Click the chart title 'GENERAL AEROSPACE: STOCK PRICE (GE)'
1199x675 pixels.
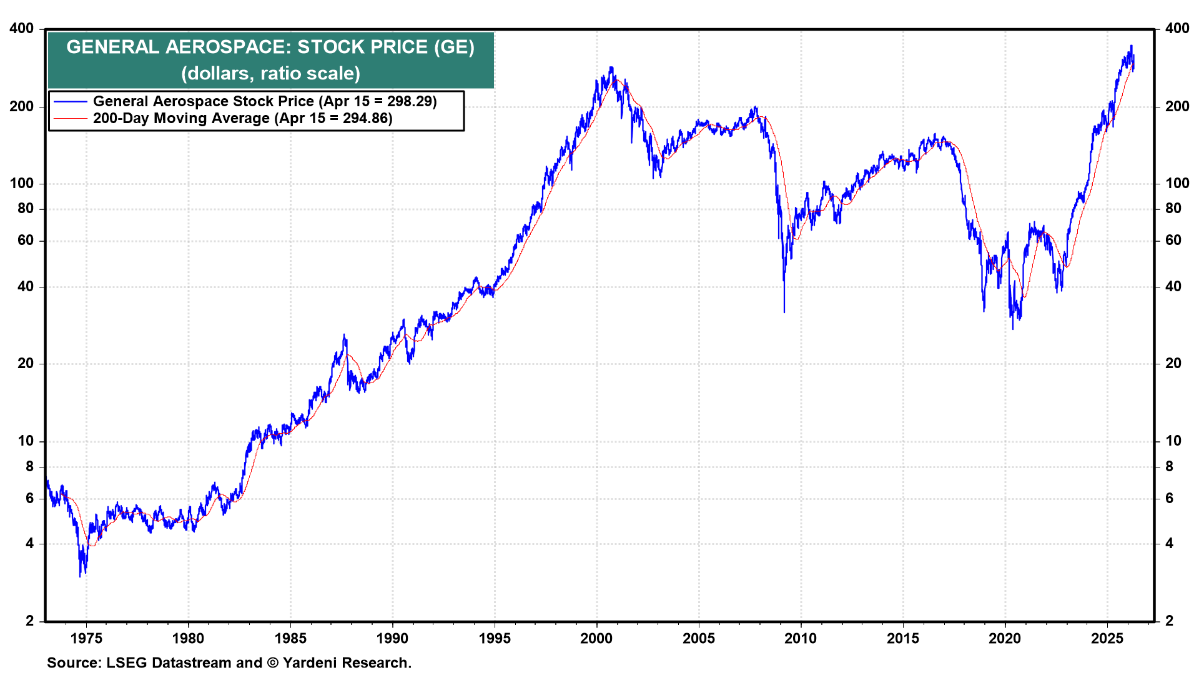[x=270, y=47]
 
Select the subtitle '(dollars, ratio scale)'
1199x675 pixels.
[x=270, y=74]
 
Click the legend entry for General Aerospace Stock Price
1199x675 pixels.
[x=265, y=101]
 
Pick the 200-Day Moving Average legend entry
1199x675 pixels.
[x=242, y=118]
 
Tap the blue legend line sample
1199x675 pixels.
[x=70, y=101]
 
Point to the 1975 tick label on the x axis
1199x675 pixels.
[x=86, y=639]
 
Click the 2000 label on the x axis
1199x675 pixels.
[x=596, y=639]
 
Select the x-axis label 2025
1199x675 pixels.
[x=1107, y=639]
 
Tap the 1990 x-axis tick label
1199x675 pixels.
[x=392, y=639]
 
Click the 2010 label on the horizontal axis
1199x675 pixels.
[x=801, y=639]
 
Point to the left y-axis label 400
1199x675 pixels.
[x=22, y=29]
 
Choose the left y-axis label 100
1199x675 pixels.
[x=22, y=184]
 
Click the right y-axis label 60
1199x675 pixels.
[x=1173, y=241]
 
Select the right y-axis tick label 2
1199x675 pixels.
[x=1169, y=621]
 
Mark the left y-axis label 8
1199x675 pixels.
[x=29, y=467]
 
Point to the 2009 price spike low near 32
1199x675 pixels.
[x=784, y=311]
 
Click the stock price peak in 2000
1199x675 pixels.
[x=611, y=67]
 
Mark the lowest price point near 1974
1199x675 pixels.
[x=81, y=576]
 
